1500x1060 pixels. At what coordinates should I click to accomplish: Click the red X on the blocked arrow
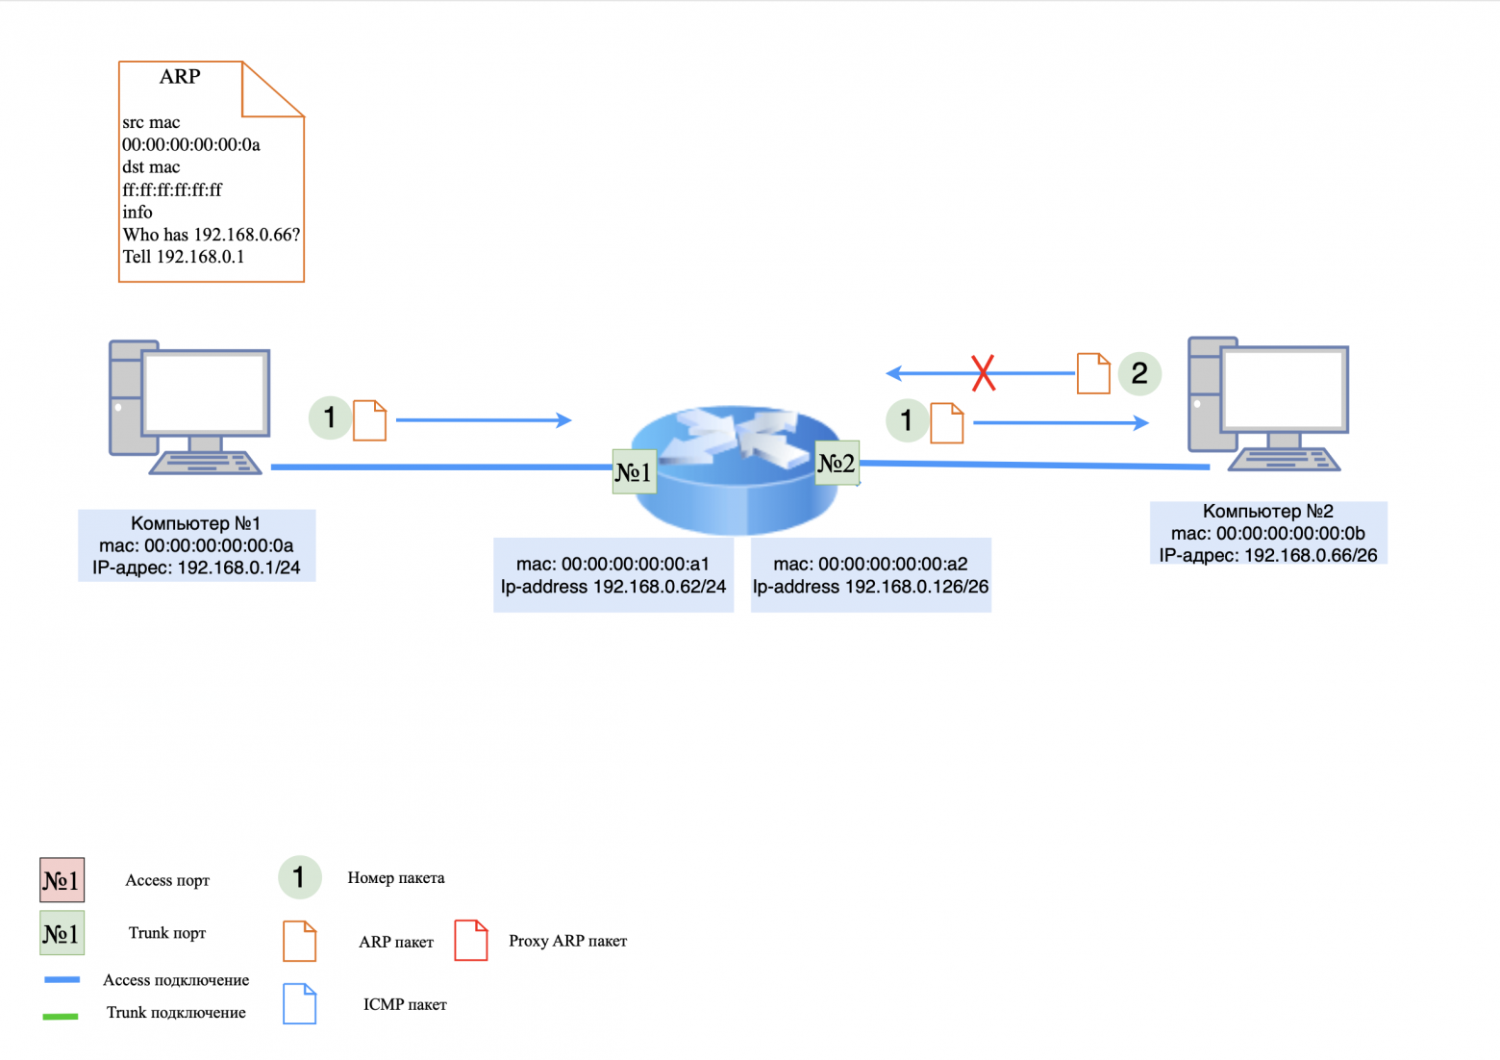(x=983, y=373)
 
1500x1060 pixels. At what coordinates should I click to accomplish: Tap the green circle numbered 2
(x=1139, y=373)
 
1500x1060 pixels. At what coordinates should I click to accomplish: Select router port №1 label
(x=634, y=472)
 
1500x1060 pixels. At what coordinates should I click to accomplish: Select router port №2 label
(x=837, y=464)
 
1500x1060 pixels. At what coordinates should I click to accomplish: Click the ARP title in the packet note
(x=180, y=77)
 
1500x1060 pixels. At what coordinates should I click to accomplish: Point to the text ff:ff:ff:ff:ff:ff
(x=172, y=189)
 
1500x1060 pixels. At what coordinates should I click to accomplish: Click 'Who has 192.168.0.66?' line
(x=212, y=235)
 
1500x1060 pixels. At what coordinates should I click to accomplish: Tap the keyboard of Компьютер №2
(x=1284, y=460)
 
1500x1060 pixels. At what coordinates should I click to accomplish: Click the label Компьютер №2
(x=1267, y=512)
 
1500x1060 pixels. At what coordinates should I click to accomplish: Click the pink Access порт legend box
(x=62, y=880)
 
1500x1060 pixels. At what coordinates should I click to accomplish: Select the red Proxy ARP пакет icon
(x=471, y=940)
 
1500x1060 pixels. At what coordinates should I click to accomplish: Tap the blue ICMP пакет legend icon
(x=300, y=1003)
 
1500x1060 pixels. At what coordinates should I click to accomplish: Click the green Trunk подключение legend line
(x=61, y=1016)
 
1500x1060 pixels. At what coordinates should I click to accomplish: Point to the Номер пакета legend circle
(x=299, y=877)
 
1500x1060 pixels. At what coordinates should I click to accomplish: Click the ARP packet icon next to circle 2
(x=1093, y=373)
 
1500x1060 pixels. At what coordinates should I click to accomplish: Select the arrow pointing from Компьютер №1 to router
(x=484, y=420)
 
